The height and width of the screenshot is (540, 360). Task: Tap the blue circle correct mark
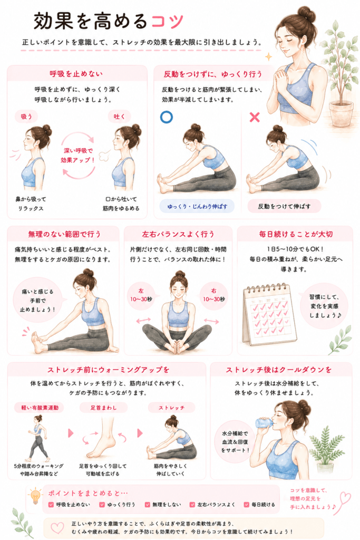(x=167, y=117)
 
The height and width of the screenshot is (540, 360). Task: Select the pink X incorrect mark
(x=255, y=117)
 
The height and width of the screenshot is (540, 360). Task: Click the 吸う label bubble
(x=26, y=117)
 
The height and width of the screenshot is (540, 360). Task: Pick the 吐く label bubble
(x=120, y=117)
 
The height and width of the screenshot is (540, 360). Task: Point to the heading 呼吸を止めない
(x=76, y=74)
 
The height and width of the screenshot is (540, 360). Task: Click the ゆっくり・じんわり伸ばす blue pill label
(x=197, y=206)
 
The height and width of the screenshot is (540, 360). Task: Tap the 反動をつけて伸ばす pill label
(x=284, y=206)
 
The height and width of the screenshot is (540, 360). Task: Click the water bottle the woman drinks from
(x=264, y=423)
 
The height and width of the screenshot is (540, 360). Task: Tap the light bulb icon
(x=35, y=496)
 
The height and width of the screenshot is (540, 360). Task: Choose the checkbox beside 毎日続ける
(x=247, y=505)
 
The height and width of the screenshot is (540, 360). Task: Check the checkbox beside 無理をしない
(x=147, y=505)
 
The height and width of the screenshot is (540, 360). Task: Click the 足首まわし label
(x=104, y=408)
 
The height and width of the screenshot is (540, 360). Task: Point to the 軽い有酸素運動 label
(x=40, y=408)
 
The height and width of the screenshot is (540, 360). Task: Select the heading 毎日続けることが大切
(x=296, y=234)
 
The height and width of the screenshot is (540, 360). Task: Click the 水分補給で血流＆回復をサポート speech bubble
(x=235, y=442)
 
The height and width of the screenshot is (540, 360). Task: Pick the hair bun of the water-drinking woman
(x=304, y=407)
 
